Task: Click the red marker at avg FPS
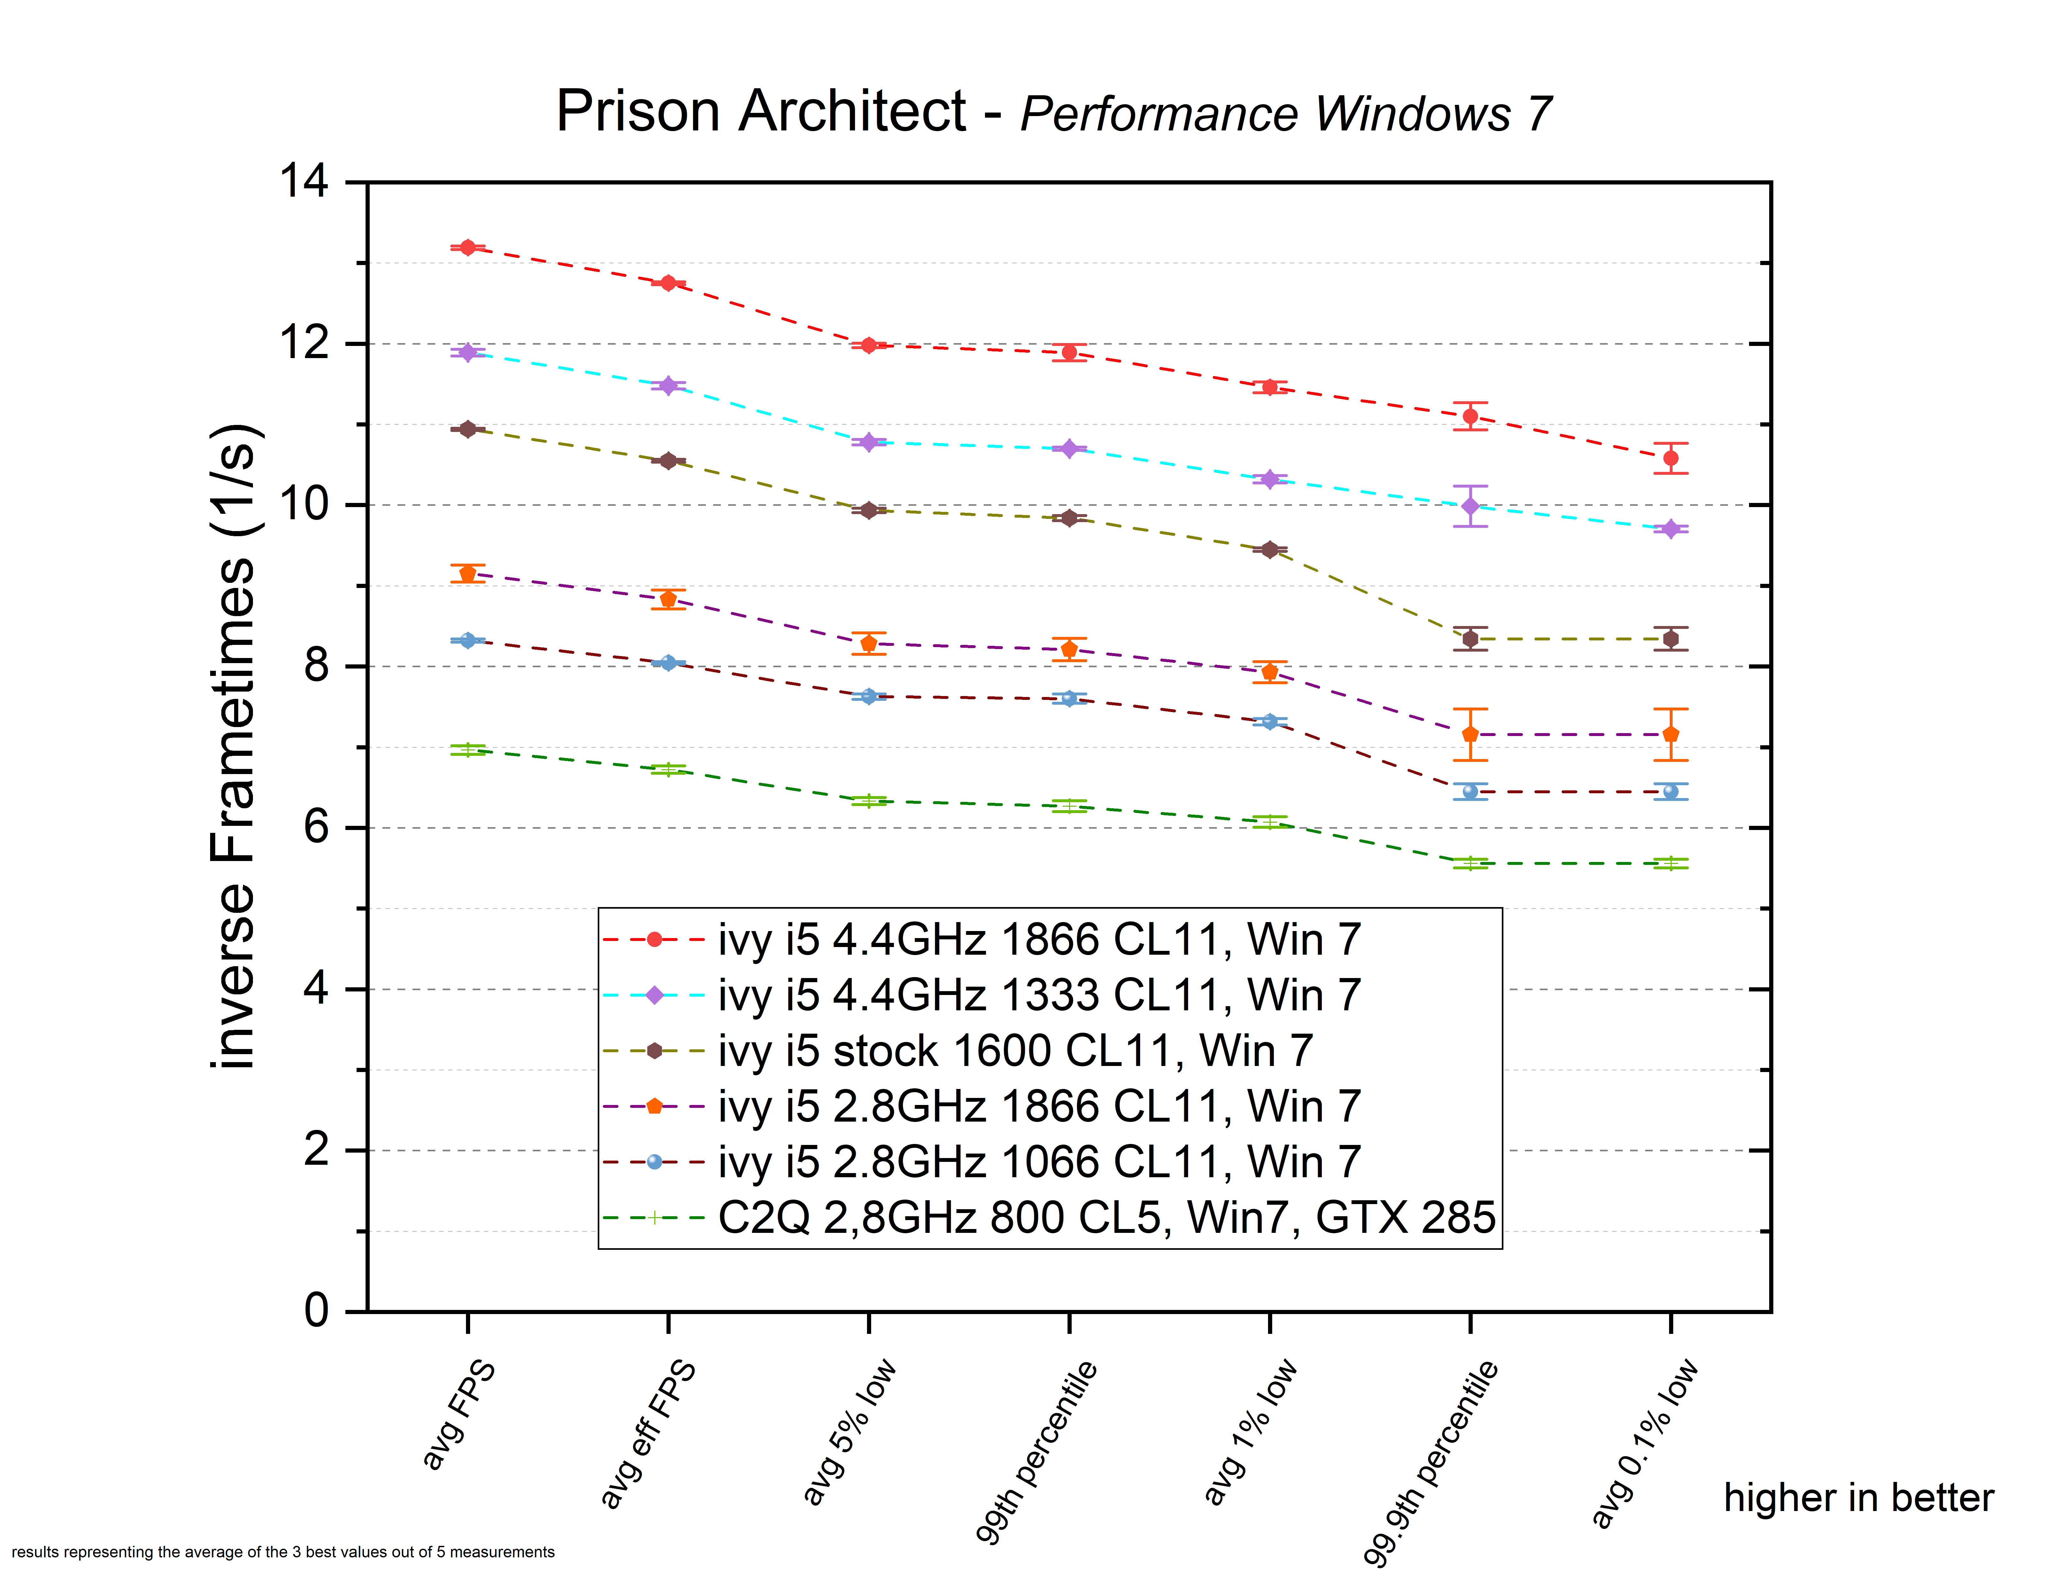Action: [468, 247]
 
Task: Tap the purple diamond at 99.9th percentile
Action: [1470, 506]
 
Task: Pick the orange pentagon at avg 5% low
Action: [869, 644]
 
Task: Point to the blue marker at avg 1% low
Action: [1270, 721]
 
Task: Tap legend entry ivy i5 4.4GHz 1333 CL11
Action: [1038, 995]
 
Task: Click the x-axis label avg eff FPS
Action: [649, 1433]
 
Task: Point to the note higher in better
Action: [1858, 1497]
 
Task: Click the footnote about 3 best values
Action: [283, 1552]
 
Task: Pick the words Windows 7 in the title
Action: [1434, 114]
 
